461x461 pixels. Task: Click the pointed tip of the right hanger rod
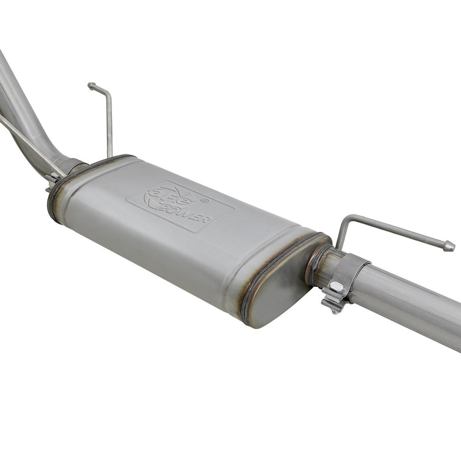tap(449, 247)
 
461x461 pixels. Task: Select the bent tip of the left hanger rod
tap(92, 85)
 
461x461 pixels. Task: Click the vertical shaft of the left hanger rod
tap(109, 125)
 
